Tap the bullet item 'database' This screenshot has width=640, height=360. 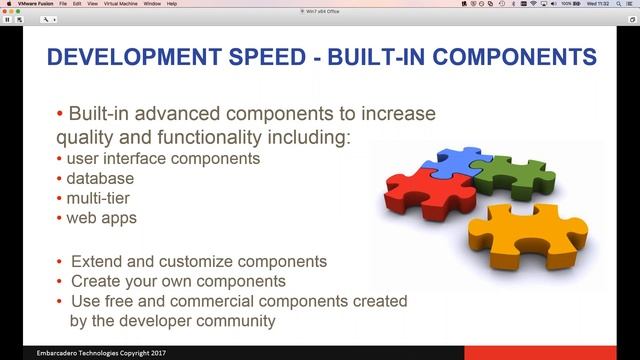(101, 178)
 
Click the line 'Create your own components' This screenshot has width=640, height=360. (178, 281)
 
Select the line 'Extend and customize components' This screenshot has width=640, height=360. (199, 261)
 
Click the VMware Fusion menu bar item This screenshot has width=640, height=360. (26, 3)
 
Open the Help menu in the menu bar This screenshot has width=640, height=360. (171, 3)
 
